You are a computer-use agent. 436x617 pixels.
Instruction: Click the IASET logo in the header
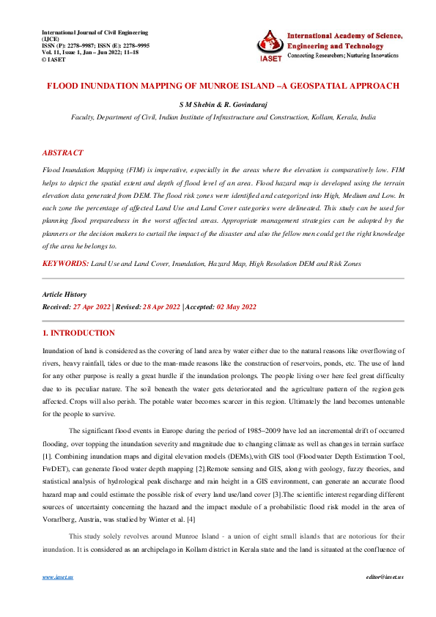pyautogui.click(x=269, y=45)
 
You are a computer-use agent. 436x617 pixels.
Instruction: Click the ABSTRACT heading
pyautogui.click(x=62, y=153)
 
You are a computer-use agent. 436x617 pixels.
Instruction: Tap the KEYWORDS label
pyautogui.click(x=65, y=262)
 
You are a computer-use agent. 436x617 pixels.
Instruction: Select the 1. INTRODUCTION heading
pyautogui.click(x=78, y=333)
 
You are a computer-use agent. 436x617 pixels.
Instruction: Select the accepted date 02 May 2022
pyautogui.click(x=237, y=306)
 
